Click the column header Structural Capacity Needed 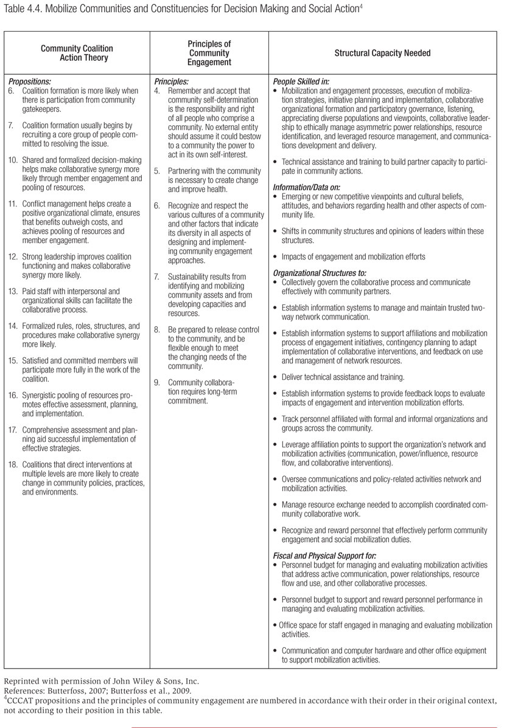point(382,53)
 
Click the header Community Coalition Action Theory point(77,53)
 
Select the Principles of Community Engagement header point(209,53)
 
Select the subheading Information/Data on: point(308,187)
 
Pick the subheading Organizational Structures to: point(320,273)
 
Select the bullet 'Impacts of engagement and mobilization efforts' point(354,256)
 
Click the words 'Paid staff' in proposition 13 point(38,292)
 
